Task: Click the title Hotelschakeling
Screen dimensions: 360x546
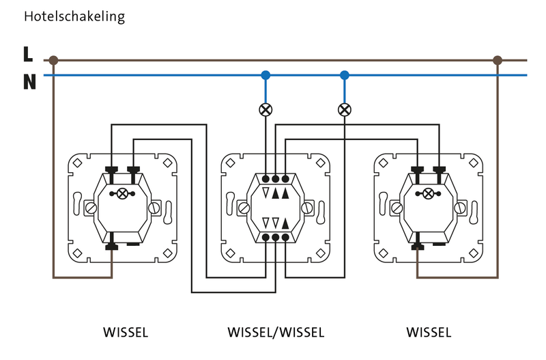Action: pyautogui.click(x=74, y=17)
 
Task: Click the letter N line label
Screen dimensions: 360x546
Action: pyautogui.click(x=29, y=83)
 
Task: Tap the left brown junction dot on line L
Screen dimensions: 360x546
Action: pyautogui.click(x=53, y=60)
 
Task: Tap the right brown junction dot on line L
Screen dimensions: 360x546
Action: pyautogui.click(x=498, y=60)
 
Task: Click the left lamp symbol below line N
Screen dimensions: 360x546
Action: pyautogui.click(x=265, y=109)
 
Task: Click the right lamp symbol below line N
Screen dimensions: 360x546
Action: pyautogui.click(x=345, y=109)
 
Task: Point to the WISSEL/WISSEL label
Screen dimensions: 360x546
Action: pyautogui.click(x=276, y=333)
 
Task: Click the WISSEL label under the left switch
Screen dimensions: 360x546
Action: pyautogui.click(x=126, y=333)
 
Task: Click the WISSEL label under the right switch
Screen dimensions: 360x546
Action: pyautogui.click(x=429, y=333)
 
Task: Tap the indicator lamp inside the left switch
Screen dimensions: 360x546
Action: pyautogui.click(x=123, y=193)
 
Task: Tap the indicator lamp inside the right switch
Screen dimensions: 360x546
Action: pyautogui.click(x=429, y=193)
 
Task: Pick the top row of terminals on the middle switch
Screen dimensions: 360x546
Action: pyautogui.click(x=276, y=179)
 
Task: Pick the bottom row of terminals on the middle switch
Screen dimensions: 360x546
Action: pyautogui.click(x=276, y=238)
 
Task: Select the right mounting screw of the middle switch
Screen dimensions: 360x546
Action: pyautogui.click(x=311, y=206)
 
